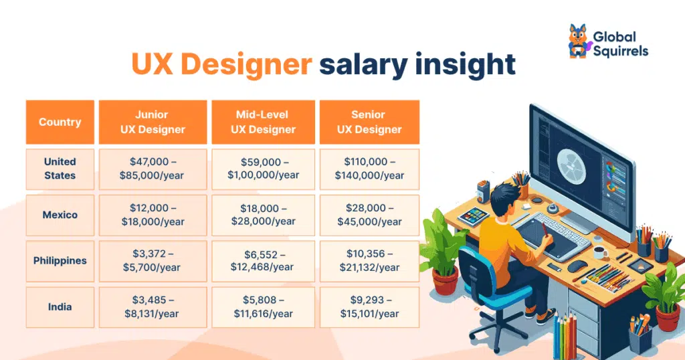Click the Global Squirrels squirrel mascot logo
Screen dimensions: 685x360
click(579, 41)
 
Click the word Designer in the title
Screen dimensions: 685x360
click(246, 64)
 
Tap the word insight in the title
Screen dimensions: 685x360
click(466, 64)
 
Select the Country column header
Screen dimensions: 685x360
click(60, 122)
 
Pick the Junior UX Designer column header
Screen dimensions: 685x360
click(153, 122)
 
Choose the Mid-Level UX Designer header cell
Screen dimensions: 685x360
click(263, 122)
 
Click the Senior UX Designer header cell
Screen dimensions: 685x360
click(369, 122)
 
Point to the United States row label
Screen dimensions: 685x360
click(60, 169)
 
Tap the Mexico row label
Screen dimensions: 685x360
click(60, 215)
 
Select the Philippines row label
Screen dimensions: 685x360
click(60, 261)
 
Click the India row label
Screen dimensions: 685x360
click(60, 307)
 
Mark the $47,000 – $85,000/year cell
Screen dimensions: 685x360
click(153, 169)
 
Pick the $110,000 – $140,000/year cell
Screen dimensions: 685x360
click(369, 169)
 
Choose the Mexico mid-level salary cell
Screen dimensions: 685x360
click(263, 215)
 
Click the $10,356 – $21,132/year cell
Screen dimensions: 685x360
click(369, 261)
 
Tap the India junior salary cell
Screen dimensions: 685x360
click(153, 307)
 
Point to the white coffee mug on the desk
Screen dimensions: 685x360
click(600, 252)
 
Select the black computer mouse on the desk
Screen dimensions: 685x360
click(577, 266)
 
